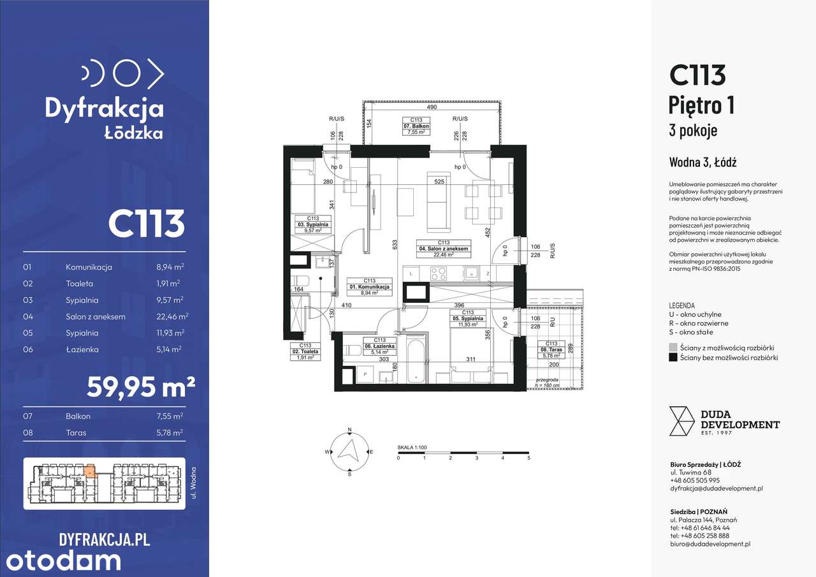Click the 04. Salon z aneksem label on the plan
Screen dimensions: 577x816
444,249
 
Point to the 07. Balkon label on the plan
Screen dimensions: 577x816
416,126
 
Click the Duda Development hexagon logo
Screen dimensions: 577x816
681,421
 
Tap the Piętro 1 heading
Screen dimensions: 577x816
701,105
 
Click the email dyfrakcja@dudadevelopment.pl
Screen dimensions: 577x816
716,488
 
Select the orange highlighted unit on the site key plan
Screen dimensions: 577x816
90,471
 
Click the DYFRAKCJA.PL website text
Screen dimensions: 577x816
104,539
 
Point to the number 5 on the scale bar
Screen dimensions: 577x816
528,458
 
